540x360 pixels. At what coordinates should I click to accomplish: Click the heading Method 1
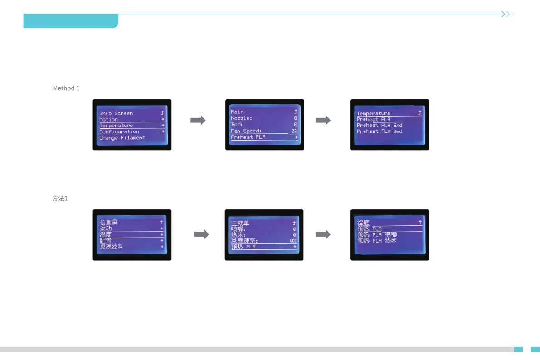(66, 88)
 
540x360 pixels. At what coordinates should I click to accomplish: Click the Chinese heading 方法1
(60, 199)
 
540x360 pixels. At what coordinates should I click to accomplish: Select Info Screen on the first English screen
(116, 113)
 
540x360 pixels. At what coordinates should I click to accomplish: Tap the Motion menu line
(108, 119)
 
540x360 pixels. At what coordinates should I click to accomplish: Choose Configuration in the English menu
(119, 131)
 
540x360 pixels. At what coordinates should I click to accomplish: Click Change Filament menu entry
(122, 138)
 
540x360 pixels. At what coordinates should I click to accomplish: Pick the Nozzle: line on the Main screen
(241, 118)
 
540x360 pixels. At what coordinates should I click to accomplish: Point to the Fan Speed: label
(246, 131)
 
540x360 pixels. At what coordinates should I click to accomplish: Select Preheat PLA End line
(379, 126)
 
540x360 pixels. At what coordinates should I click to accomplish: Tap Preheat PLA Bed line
(379, 131)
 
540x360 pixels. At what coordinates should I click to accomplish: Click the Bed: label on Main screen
(237, 124)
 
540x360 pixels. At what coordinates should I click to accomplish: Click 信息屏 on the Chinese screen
(108, 223)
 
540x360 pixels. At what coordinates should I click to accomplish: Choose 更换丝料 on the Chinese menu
(111, 246)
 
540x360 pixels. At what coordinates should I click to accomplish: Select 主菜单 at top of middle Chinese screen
(240, 223)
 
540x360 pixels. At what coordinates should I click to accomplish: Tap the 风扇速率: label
(244, 240)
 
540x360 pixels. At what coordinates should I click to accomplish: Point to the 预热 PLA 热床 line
(377, 240)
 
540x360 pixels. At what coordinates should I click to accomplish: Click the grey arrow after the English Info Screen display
(198, 120)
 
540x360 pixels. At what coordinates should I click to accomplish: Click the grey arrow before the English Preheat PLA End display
(323, 120)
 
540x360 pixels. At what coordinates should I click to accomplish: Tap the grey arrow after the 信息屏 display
(201, 234)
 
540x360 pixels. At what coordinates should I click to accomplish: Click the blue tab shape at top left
(71, 21)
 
